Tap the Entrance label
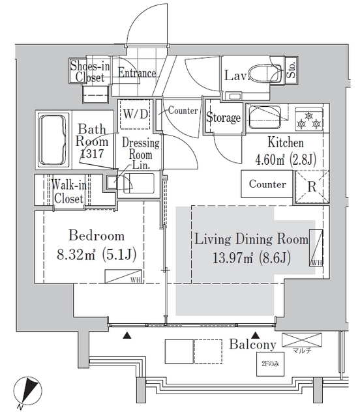(137, 73)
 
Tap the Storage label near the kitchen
(223, 118)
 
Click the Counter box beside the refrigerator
(267, 184)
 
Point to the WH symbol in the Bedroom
(125, 276)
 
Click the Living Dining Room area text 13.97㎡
(251, 257)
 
